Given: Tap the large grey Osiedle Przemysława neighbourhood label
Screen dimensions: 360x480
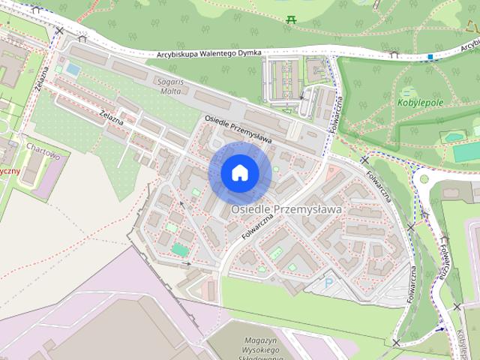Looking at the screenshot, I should coord(286,209).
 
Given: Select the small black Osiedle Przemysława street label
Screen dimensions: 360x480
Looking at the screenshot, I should coord(238,129).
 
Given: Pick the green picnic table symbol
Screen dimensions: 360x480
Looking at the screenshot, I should coord(291,19).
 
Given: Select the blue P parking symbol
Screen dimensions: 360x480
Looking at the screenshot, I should coord(328,283).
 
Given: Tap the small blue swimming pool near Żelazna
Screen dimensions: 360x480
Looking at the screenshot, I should coord(73,69).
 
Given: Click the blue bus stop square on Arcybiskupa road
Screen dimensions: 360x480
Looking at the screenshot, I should coord(430,57).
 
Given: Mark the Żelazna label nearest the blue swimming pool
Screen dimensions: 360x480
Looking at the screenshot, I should coord(43,76).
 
